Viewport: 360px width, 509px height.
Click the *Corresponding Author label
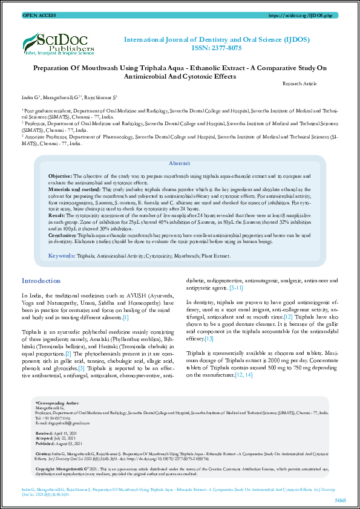coord(57,402)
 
